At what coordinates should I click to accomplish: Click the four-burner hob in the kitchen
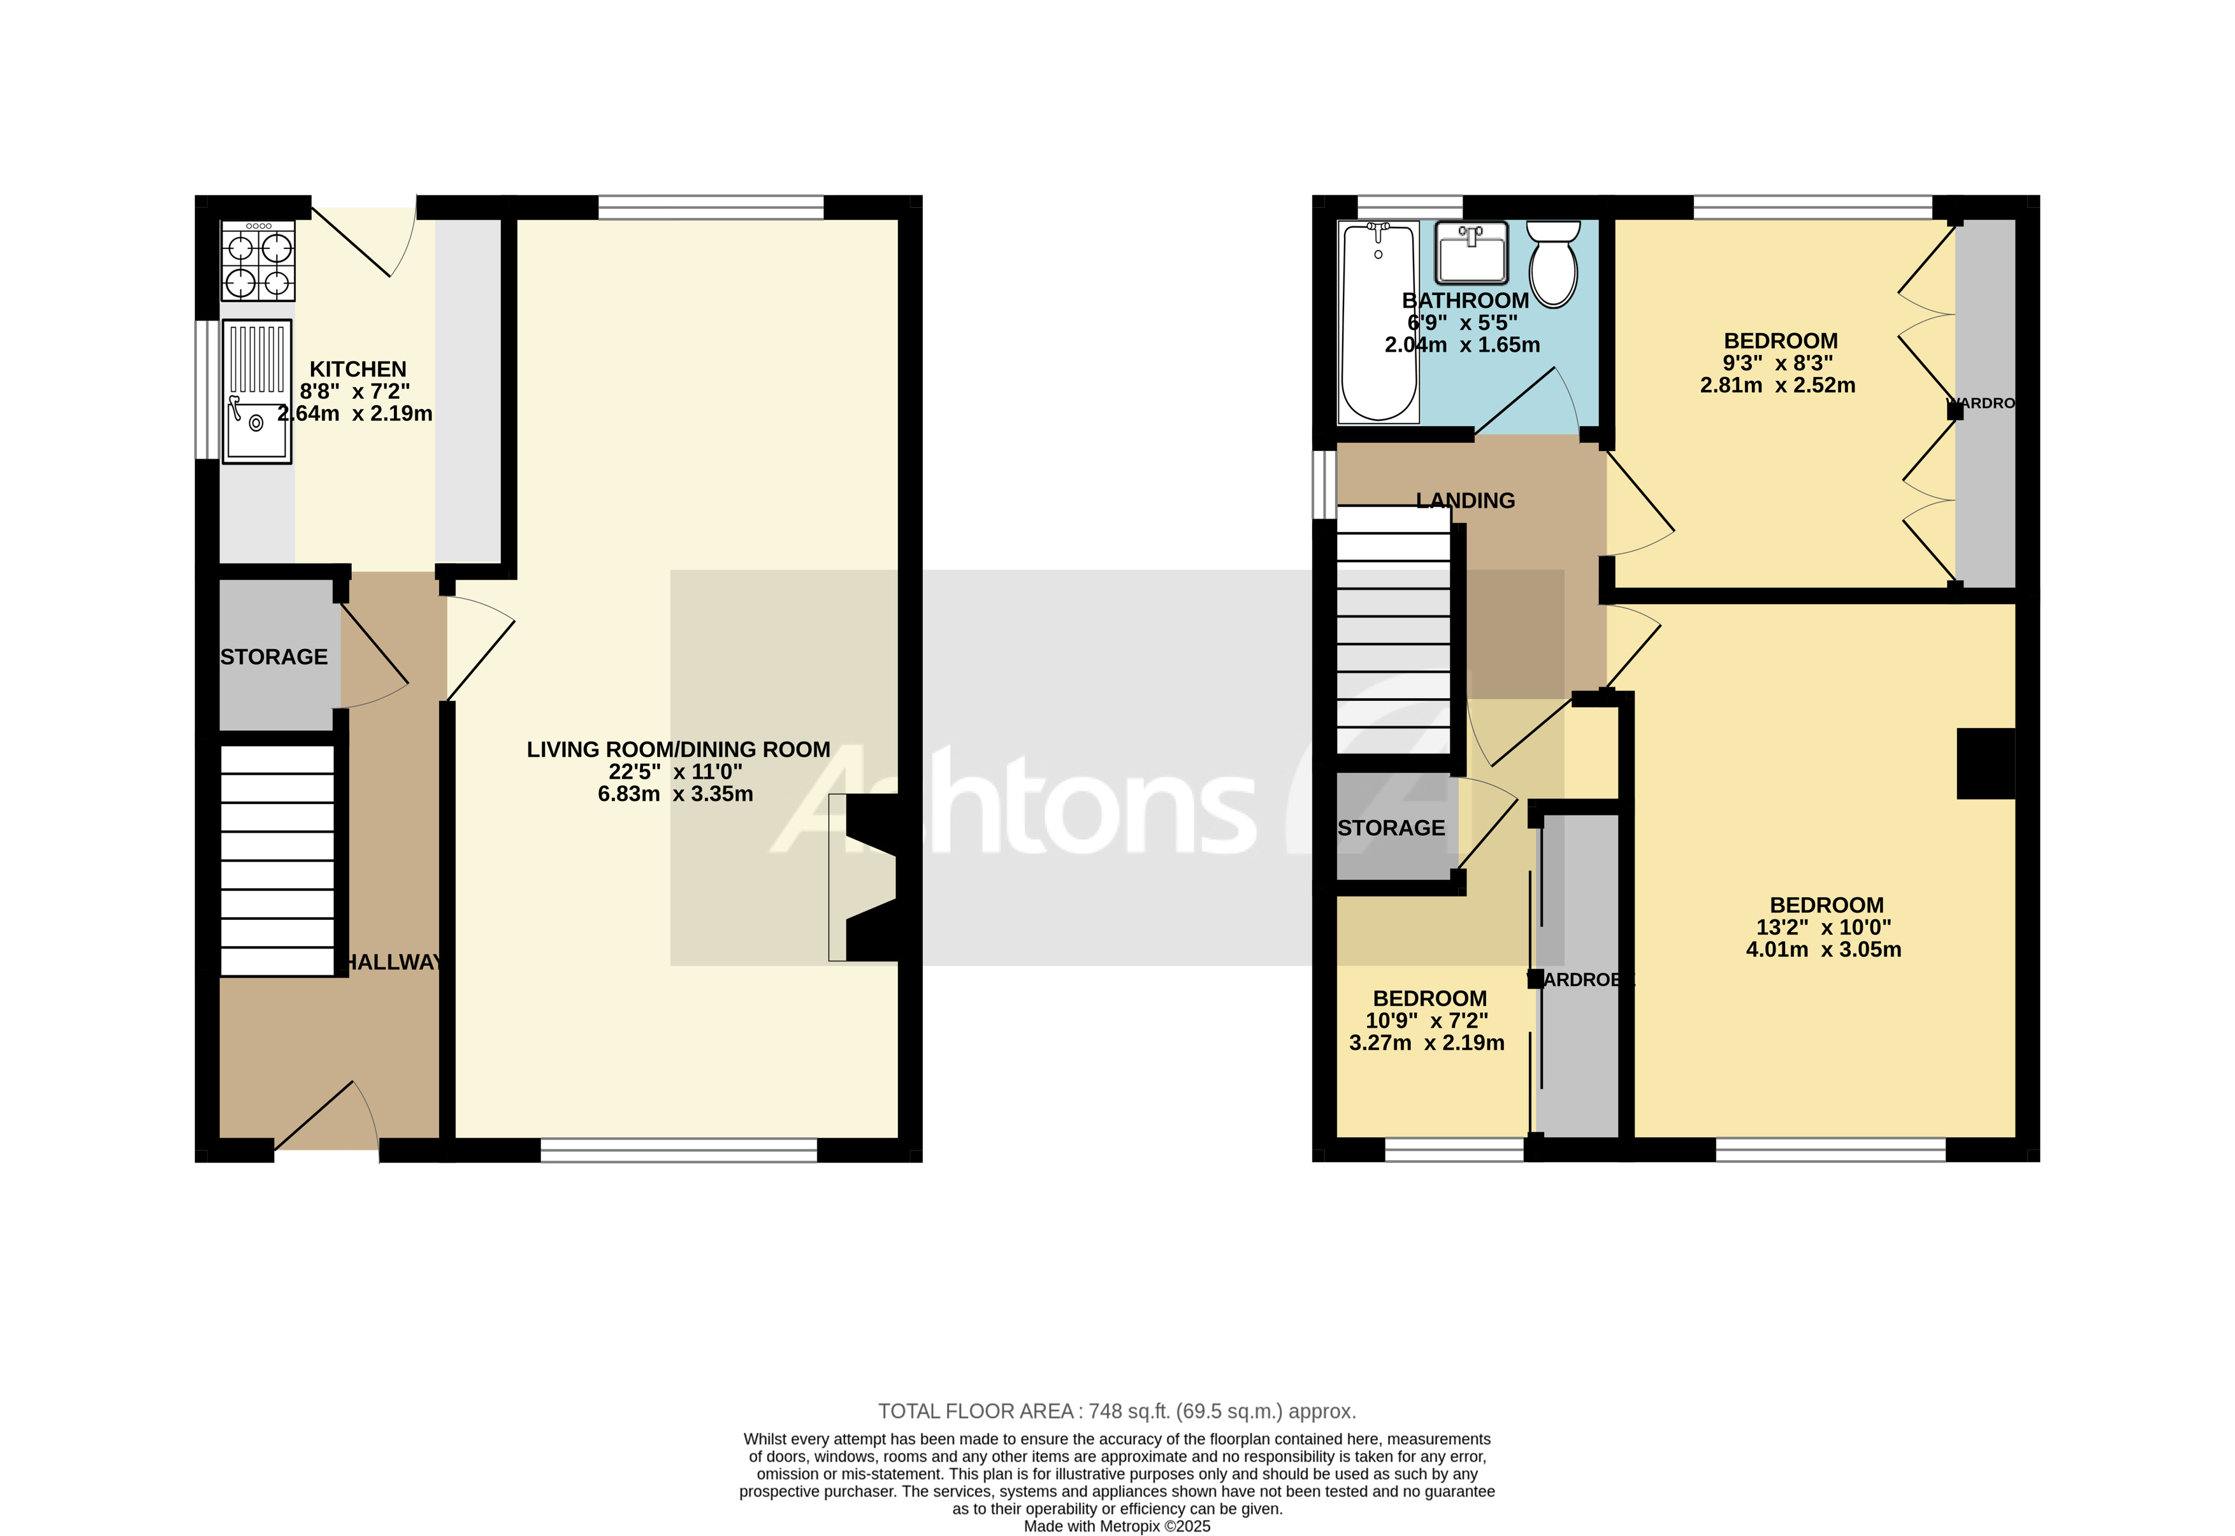click(258, 261)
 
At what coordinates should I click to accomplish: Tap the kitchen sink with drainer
click(257, 392)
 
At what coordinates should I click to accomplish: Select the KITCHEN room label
click(358, 370)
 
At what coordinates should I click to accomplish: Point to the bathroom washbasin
click(1471, 252)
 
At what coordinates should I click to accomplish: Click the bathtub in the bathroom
click(1379, 322)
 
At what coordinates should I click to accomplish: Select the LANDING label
click(1465, 501)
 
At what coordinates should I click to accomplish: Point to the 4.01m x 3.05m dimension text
click(1824, 950)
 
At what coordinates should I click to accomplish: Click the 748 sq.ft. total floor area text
click(1117, 1412)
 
